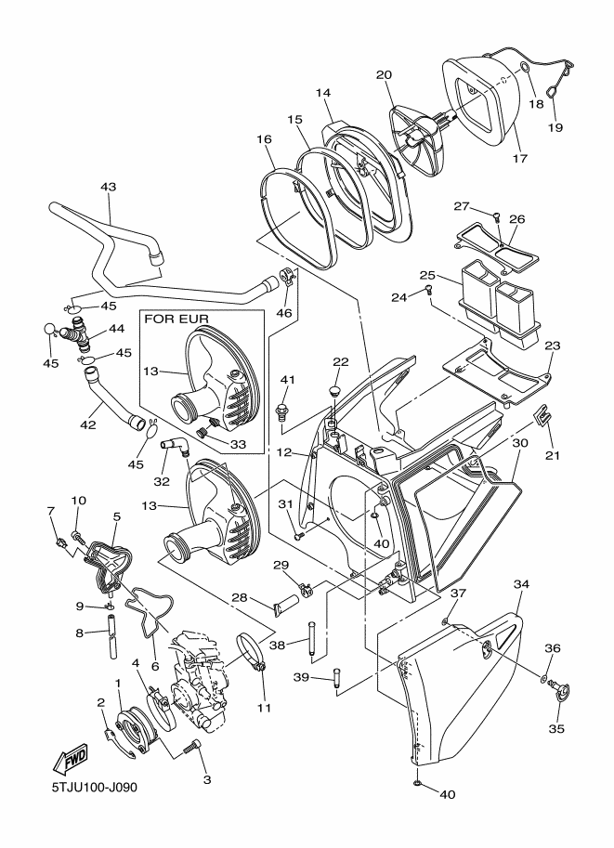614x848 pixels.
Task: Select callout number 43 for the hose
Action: coord(108,187)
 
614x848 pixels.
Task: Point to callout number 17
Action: coord(520,158)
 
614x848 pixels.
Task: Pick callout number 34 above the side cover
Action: coord(521,584)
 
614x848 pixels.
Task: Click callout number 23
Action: coord(552,345)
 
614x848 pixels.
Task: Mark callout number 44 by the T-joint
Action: coord(117,329)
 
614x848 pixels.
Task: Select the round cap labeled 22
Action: coord(333,384)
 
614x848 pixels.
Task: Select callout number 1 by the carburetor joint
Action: coord(119,683)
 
